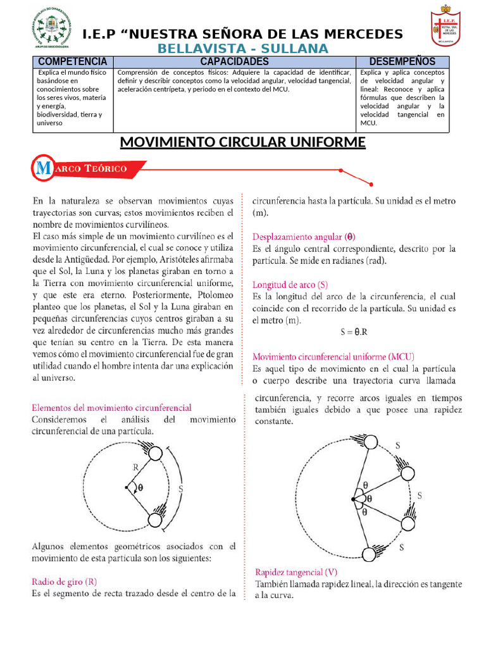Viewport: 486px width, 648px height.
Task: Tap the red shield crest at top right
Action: [x=449, y=27]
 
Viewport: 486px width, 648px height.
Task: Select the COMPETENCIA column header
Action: [x=73, y=61]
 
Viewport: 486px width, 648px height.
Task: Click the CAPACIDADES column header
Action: [x=234, y=61]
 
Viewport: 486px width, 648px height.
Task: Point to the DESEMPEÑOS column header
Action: [x=402, y=61]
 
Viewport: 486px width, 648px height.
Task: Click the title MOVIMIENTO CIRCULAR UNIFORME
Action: [x=243, y=143]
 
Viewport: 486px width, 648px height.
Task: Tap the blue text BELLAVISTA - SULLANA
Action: [x=243, y=49]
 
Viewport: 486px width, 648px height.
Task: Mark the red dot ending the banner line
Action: [x=342, y=171]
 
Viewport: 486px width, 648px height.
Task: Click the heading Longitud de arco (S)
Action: [x=290, y=285]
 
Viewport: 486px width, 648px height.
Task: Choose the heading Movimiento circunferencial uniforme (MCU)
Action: [x=334, y=357]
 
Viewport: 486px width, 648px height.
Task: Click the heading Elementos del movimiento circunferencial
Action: [x=111, y=408]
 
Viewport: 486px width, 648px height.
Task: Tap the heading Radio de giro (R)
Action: [x=65, y=581]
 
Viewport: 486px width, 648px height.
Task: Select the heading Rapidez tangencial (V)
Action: [x=296, y=571]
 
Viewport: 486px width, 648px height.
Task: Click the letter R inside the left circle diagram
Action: [x=135, y=468]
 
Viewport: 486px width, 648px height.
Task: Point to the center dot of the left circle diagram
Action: [x=126, y=487]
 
